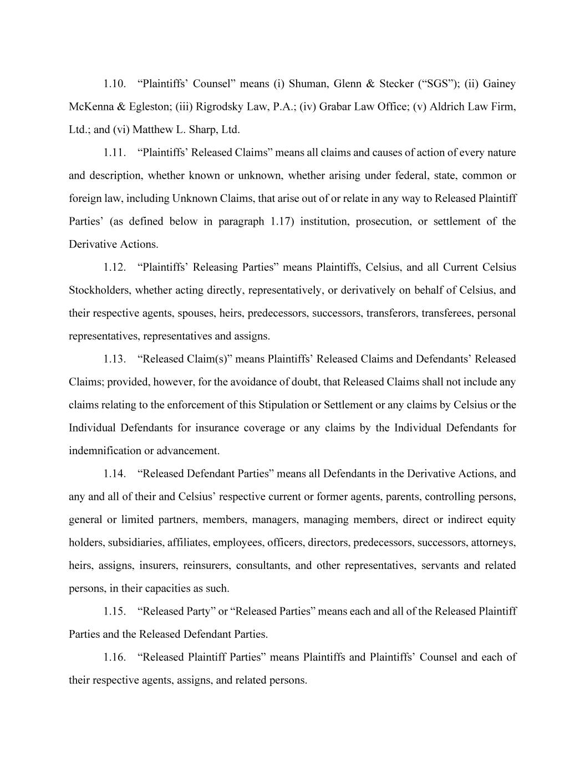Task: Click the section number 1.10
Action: pos(114,84)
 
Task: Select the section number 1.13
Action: pos(114,359)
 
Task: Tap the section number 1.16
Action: pos(114,657)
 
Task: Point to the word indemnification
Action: pos(104,451)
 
